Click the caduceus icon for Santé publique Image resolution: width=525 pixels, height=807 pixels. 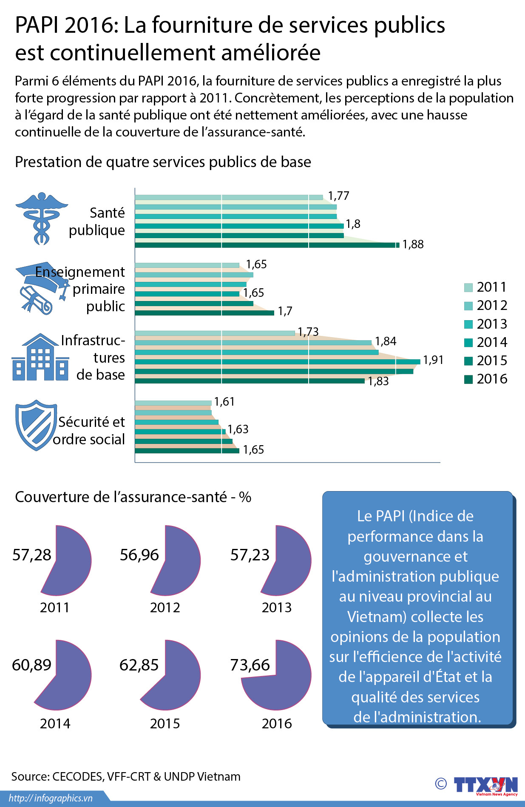pos(41,218)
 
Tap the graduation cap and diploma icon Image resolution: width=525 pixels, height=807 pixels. pos(42,287)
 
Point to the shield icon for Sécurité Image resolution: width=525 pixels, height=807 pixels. pos(36,425)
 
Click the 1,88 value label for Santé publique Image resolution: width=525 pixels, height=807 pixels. pos(413,244)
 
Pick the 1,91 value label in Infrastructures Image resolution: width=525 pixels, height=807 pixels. pos(433,360)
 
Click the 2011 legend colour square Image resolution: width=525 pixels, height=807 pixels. pos(468,287)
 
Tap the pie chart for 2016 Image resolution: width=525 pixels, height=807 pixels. pos(277,675)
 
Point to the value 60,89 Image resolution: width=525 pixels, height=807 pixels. pos(31,665)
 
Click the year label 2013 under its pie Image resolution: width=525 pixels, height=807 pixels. pos(276,608)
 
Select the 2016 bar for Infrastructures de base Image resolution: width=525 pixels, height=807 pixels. pos(249,381)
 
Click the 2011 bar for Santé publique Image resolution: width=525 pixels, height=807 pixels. pos(229,197)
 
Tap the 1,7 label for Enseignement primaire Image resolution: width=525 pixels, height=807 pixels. pos(285,311)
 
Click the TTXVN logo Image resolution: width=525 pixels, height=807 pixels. pos(485,784)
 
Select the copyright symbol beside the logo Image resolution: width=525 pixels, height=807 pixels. pos(441,784)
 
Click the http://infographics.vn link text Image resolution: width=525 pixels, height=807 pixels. pos(51,798)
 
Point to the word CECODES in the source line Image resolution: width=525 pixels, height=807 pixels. pos(77,777)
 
